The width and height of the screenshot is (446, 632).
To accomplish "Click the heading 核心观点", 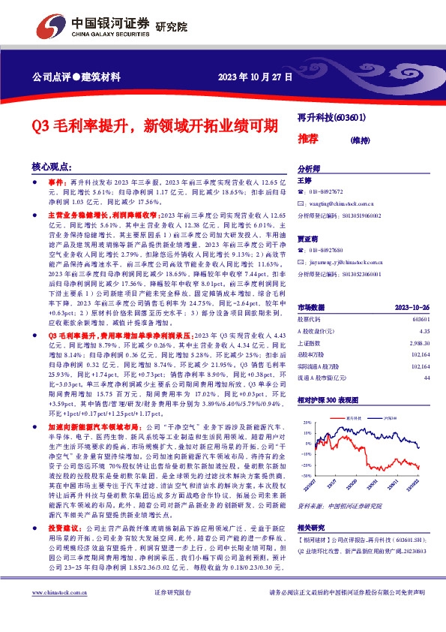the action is pyautogui.click(x=52, y=167).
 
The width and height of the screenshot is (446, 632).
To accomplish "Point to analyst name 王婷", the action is pyautogui.click(x=304, y=181).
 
